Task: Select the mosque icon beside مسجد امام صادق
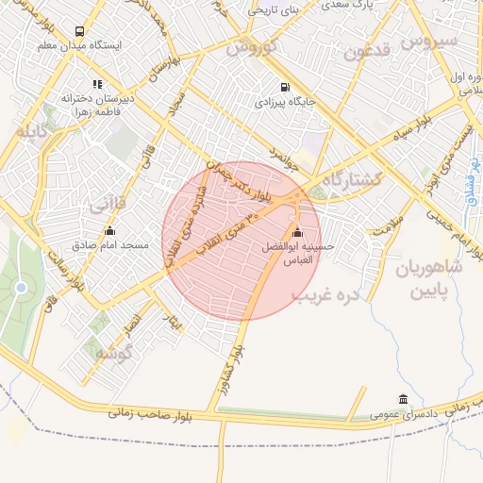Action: tap(110, 230)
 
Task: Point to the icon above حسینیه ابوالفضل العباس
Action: tap(299, 233)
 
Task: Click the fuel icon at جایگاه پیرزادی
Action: tap(258, 98)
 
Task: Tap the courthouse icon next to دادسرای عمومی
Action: tap(404, 398)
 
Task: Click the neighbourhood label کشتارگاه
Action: tap(358, 180)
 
